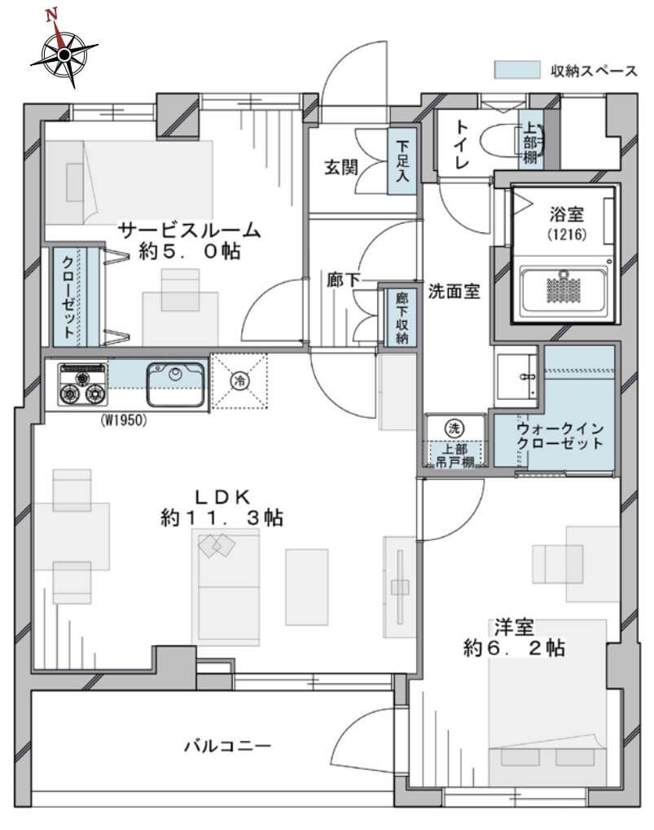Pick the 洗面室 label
click(454, 290)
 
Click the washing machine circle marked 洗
click(454, 426)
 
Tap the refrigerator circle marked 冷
click(239, 380)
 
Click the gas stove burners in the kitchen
click(81, 385)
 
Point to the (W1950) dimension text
click(124, 421)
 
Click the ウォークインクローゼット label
click(560, 435)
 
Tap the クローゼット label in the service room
click(64, 296)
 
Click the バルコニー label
click(226, 745)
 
